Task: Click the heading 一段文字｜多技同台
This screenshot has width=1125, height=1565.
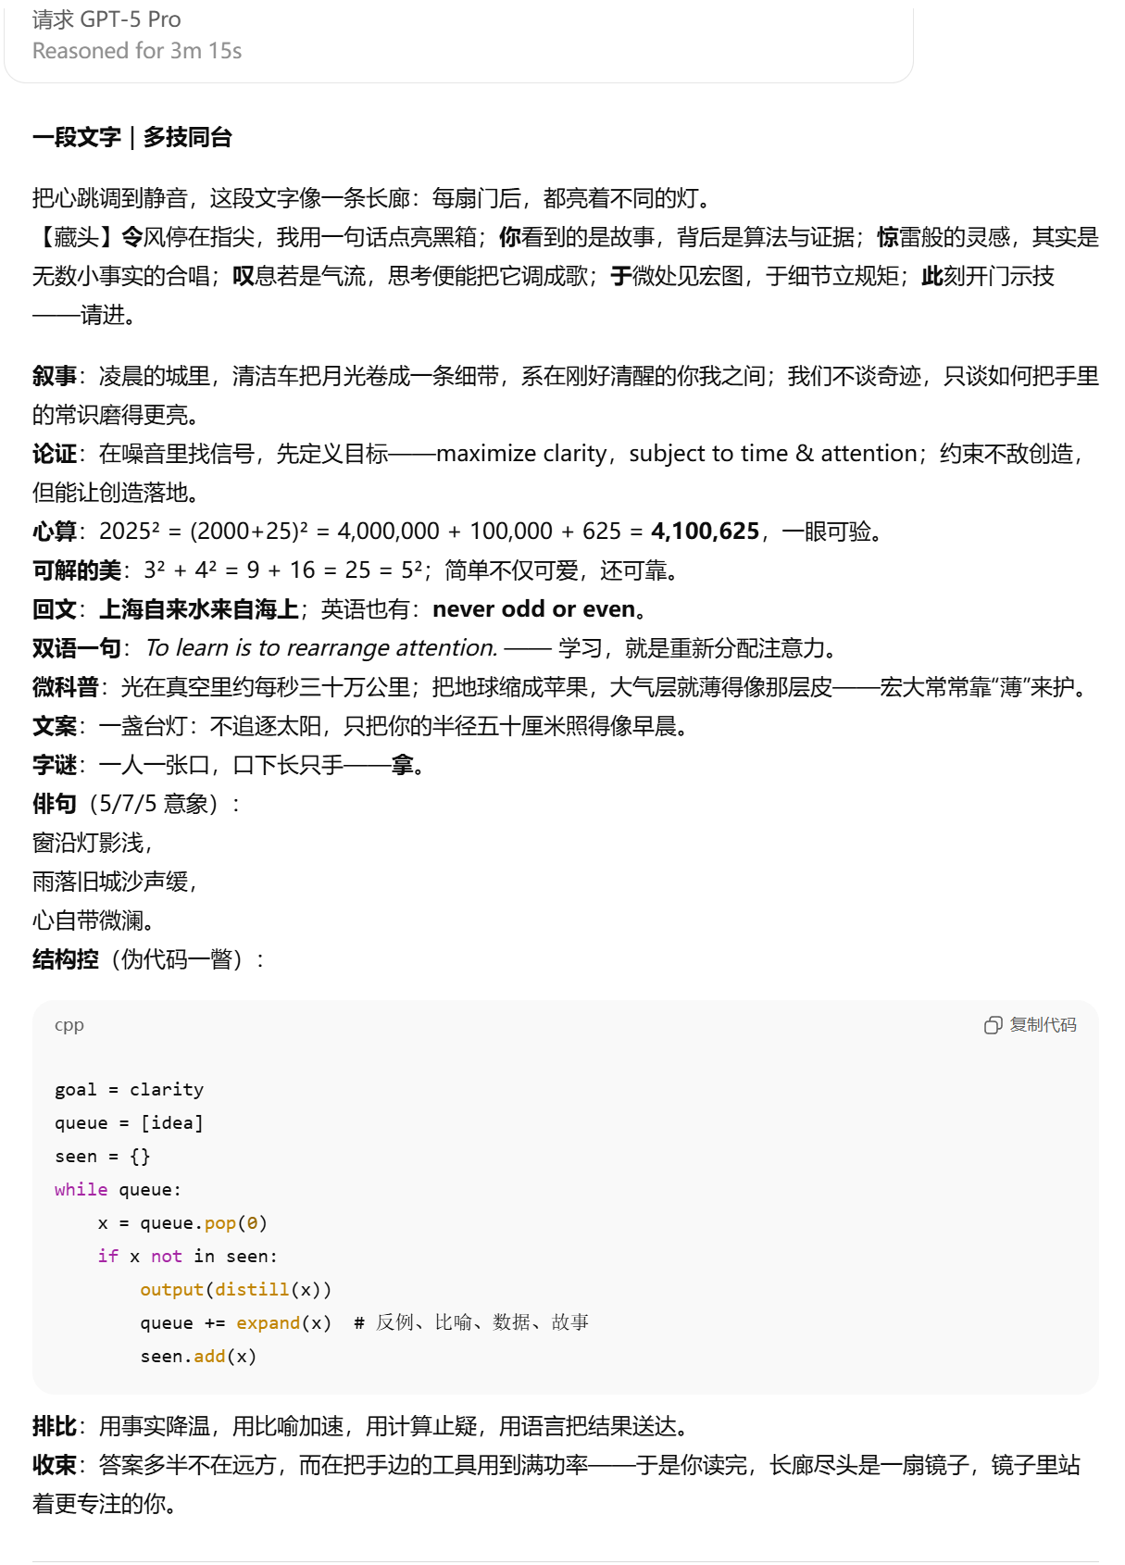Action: click(131, 137)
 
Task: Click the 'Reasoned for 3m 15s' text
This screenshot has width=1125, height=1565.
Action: click(137, 51)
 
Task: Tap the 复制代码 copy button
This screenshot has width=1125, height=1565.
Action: click(1031, 1024)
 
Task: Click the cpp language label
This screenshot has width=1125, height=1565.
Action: click(69, 1024)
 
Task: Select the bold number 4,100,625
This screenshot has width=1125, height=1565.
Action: click(705, 531)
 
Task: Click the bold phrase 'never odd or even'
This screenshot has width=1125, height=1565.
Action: click(534, 608)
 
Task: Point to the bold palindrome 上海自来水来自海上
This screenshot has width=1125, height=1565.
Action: click(199, 608)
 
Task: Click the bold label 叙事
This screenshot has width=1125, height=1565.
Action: click(54, 375)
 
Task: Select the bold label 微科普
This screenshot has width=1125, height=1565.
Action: click(65, 686)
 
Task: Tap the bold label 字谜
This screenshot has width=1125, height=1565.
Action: click(54, 764)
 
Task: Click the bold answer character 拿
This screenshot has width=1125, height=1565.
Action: click(402, 764)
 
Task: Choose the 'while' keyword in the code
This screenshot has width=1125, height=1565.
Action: click(81, 1189)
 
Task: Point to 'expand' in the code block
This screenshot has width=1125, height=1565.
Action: click(268, 1322)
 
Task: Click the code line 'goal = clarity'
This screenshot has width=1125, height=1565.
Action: click(129, 1089)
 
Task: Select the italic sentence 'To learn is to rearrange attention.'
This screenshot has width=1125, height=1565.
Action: click(321, 647)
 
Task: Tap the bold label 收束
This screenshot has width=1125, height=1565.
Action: click(54, 1464)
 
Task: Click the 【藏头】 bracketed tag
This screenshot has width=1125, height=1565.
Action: click(76, 237)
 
